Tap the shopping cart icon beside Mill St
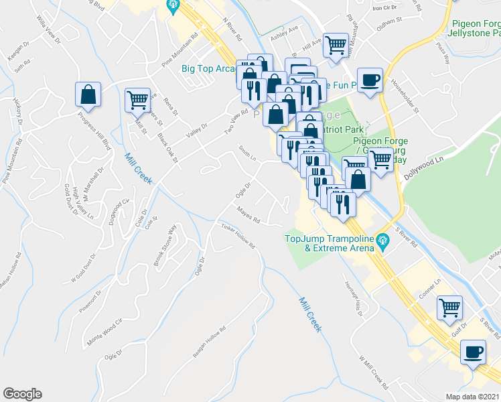tap(137, 100)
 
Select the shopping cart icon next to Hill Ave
tap(335, 45)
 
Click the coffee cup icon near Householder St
tap(370, 80)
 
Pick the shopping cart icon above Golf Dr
tap(449, 308)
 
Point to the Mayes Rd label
tap(248, 215)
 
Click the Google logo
tap(22, 394)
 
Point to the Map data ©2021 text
tap(473, 396)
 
